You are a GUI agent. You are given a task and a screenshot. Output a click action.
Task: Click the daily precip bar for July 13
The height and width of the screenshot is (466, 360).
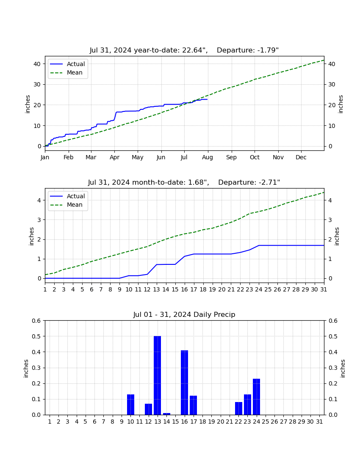158,375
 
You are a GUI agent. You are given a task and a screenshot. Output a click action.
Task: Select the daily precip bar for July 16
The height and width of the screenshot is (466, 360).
185,383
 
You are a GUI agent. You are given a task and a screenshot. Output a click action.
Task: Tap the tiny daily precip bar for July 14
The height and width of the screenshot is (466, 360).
166,414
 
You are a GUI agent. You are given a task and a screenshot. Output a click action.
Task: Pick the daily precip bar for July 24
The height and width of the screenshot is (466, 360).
256,397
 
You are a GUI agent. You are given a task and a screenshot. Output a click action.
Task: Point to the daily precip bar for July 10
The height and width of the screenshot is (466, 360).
131,405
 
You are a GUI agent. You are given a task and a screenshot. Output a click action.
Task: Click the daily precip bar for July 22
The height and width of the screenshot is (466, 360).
238,408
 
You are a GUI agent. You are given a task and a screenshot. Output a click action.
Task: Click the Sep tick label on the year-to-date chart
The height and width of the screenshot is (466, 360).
231,157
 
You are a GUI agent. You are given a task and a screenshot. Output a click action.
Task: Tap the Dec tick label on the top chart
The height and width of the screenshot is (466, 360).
301,157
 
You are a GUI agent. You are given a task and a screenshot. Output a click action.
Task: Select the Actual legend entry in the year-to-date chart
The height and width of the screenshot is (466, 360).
67,64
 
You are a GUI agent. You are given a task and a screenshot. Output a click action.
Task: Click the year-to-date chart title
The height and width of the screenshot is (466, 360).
184,50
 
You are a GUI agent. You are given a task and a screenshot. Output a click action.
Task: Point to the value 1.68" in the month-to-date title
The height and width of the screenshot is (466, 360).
197,182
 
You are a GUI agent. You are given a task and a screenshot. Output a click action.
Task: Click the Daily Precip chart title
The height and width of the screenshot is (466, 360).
184,314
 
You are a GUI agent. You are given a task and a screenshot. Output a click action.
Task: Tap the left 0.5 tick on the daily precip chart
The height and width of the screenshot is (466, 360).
36,336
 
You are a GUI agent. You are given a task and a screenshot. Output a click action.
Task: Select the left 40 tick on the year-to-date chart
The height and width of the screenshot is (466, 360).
37,64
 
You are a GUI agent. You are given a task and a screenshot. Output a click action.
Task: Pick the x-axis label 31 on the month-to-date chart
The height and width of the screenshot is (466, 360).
324,289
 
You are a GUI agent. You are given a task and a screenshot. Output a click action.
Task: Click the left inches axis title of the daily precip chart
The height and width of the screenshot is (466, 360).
26,369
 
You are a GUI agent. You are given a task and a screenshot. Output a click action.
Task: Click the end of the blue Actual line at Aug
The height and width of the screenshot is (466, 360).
208,99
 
